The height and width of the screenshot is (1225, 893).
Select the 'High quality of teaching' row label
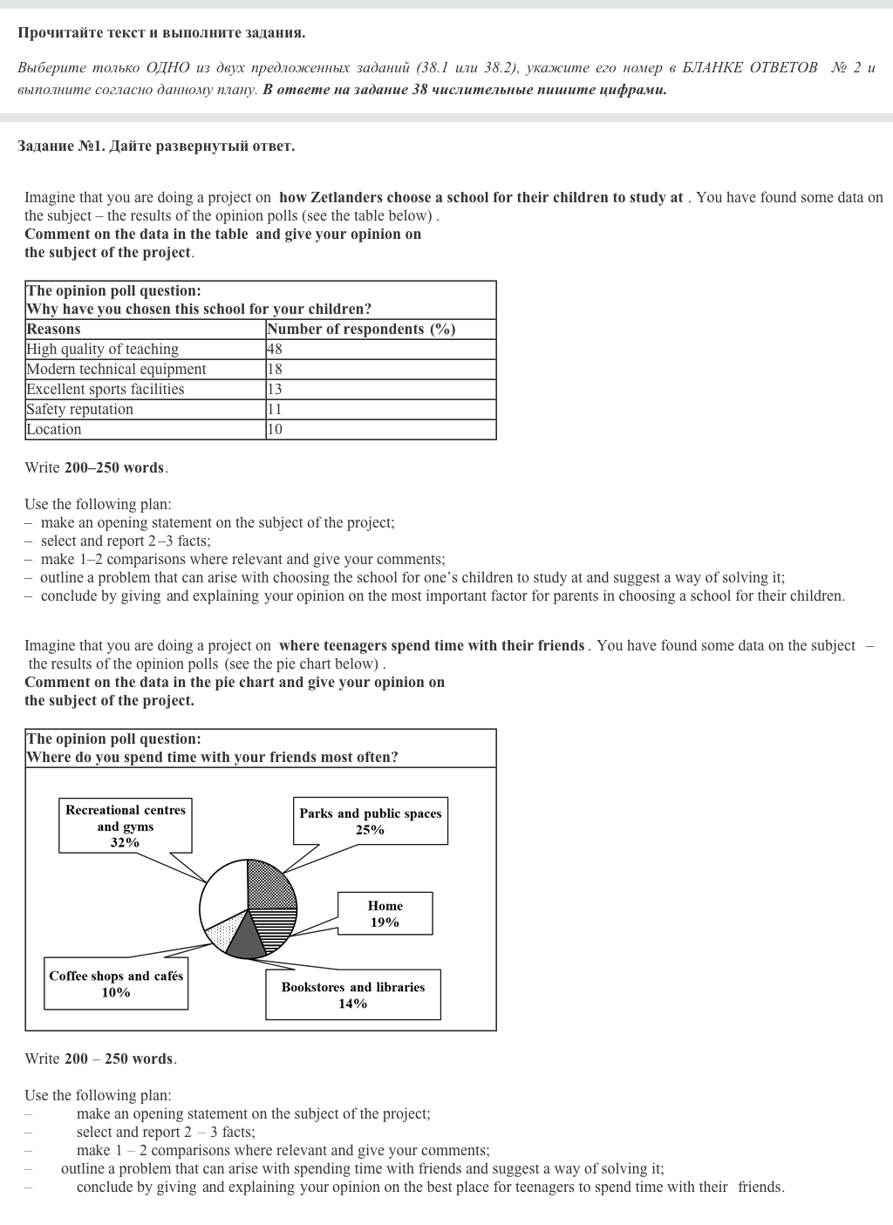[x=102, y=349]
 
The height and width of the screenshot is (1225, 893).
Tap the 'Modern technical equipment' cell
[x=116, y=369]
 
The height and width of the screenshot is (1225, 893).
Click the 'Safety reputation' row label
[x=79, y=409]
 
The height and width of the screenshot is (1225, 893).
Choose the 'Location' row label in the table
[x=53, y=429]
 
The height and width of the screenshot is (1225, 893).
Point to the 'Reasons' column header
[x=53, y=329]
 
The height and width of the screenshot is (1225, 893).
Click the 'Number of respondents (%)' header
[x=361, y=329]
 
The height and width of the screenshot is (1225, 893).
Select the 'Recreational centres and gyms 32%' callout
[x=126, y=826]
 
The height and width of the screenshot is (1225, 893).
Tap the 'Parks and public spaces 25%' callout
[x=371, y=821]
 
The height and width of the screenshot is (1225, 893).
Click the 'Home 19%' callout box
[x=385, y=914]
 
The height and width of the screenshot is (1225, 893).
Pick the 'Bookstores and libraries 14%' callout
[x=353, y=995]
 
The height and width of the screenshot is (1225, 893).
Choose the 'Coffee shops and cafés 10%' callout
[x=116, y=984]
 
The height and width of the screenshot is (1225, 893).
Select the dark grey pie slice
[x=247, y=938]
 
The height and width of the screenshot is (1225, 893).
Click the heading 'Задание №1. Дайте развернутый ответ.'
[x=156, y=146]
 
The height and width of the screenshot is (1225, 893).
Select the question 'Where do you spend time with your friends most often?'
[x=212, y=757]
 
